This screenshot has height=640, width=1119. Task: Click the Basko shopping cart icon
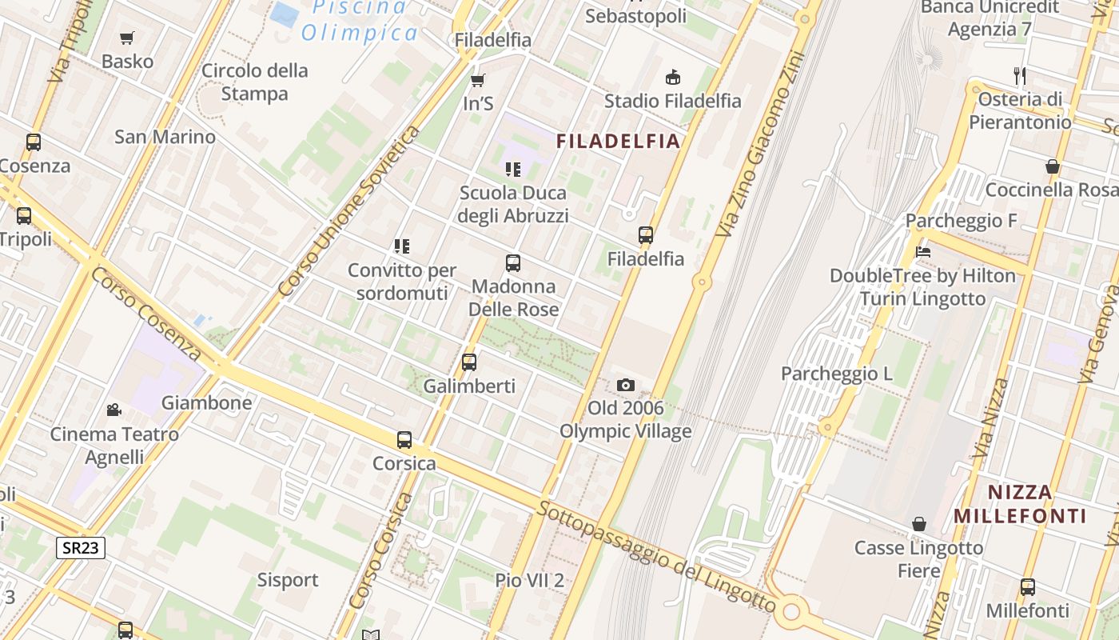tap(126, 38)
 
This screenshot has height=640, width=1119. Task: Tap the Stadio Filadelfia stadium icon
tap(673, 77)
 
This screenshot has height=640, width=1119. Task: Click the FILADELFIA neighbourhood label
tap(618, 142)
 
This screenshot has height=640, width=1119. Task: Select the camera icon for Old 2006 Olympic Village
tap(626, 385)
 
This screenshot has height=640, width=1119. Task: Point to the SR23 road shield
tap(81, 548)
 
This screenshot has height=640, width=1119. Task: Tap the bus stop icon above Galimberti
tap(469, 362)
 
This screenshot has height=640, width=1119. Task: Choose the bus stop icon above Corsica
tap(404, 439)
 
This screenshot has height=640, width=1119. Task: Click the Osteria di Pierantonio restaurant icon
tap(1019, 76)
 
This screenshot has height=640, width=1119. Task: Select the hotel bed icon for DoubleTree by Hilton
tap(923, 252)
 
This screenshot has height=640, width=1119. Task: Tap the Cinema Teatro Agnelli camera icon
tap(113, 410)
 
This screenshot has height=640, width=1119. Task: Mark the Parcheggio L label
tap(836, 374)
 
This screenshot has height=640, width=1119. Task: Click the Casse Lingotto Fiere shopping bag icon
tap(919, 524)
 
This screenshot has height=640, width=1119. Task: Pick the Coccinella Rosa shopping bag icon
tap(1053, 166)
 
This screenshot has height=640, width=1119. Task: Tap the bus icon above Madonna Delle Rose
tap(513, 262)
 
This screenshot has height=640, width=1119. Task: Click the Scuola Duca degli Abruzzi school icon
tap(513, 169)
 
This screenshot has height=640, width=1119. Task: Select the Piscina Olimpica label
tap(360, 20)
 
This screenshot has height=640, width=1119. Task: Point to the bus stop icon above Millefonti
tap(1028, 586)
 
